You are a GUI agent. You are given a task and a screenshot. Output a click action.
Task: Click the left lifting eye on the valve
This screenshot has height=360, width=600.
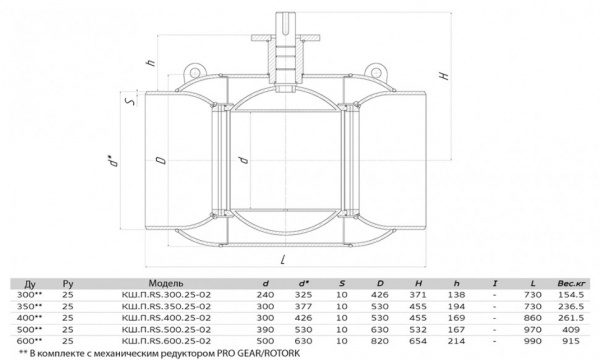195,72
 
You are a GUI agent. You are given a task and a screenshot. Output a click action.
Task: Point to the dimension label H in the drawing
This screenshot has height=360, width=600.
444,75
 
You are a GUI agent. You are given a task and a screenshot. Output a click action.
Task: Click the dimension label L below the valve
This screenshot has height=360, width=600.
283,260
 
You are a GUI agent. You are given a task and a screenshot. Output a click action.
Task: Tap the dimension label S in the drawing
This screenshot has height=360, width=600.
130,101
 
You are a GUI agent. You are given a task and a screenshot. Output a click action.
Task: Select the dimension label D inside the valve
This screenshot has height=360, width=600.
162,160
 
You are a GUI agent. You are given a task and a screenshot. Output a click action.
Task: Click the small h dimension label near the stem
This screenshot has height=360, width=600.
152,62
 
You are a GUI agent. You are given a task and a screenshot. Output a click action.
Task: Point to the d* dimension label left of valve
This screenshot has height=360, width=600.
112,161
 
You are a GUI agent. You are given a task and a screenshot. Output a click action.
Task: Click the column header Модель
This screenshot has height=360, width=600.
166,283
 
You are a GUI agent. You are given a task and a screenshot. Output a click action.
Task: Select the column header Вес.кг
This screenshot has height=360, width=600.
571,283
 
